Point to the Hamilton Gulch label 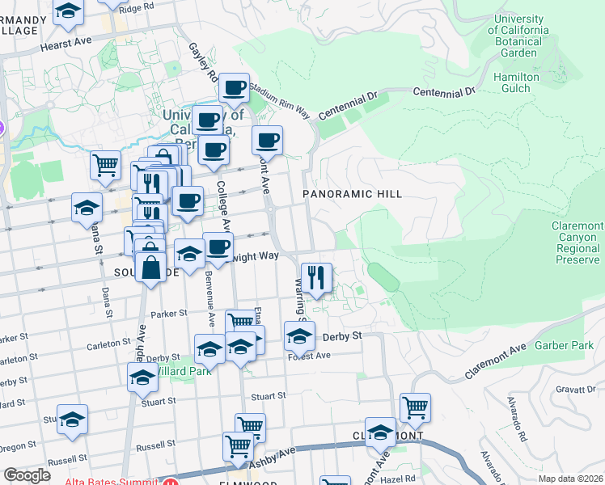[x=516, y=84]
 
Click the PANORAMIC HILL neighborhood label [x=352, y=194]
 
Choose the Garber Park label [x=564, y=346]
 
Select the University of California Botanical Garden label [x=519, y=36]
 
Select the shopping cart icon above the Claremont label [x=415, y=407]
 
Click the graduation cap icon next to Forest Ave [x=299, y=335]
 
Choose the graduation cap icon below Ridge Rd [x=69, y=11]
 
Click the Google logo [x=27, y=475]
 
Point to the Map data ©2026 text [x=569, y=479]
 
